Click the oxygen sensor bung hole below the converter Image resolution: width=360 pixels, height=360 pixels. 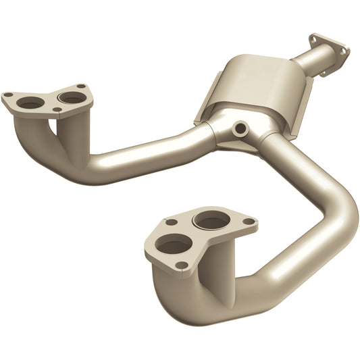[x=240, y=127]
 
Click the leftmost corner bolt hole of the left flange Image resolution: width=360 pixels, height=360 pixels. [x=9, y=96]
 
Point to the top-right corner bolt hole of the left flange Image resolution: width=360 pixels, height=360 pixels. [x=81, y=86]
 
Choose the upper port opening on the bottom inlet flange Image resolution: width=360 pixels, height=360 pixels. [x=211, y=220]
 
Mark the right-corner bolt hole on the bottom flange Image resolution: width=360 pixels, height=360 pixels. [x=249, y=222]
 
